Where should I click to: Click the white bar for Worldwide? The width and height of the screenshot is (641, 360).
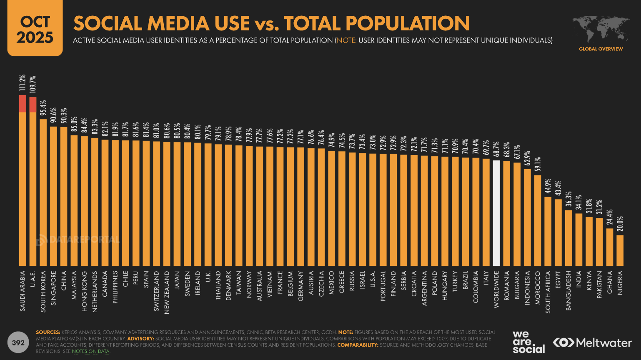496,213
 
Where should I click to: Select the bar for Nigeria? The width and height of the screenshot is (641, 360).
620,251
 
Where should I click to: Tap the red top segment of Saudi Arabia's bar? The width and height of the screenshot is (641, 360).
23,104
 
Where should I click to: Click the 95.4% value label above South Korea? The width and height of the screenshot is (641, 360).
43,108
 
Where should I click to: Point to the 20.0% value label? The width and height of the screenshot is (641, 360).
620,224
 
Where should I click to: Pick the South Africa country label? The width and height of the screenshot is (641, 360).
548,292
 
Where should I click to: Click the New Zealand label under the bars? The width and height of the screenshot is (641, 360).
167,292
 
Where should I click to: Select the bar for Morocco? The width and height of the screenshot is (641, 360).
537,221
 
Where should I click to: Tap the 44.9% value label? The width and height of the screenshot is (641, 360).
548,186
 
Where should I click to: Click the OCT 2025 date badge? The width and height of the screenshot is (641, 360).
35,28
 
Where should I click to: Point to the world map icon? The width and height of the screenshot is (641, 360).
601,30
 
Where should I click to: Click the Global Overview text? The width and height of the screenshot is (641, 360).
601,49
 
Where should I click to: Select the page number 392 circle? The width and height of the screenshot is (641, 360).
18,342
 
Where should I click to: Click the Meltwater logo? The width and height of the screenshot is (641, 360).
592,342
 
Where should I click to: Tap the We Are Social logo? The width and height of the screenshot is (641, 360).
528,342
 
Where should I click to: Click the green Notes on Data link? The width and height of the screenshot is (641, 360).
90,351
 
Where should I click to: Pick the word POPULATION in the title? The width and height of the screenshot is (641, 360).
408,23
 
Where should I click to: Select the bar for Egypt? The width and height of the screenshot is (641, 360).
558,232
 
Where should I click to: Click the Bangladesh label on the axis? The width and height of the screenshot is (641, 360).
568,291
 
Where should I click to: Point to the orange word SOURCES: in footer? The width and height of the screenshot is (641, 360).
48,332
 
